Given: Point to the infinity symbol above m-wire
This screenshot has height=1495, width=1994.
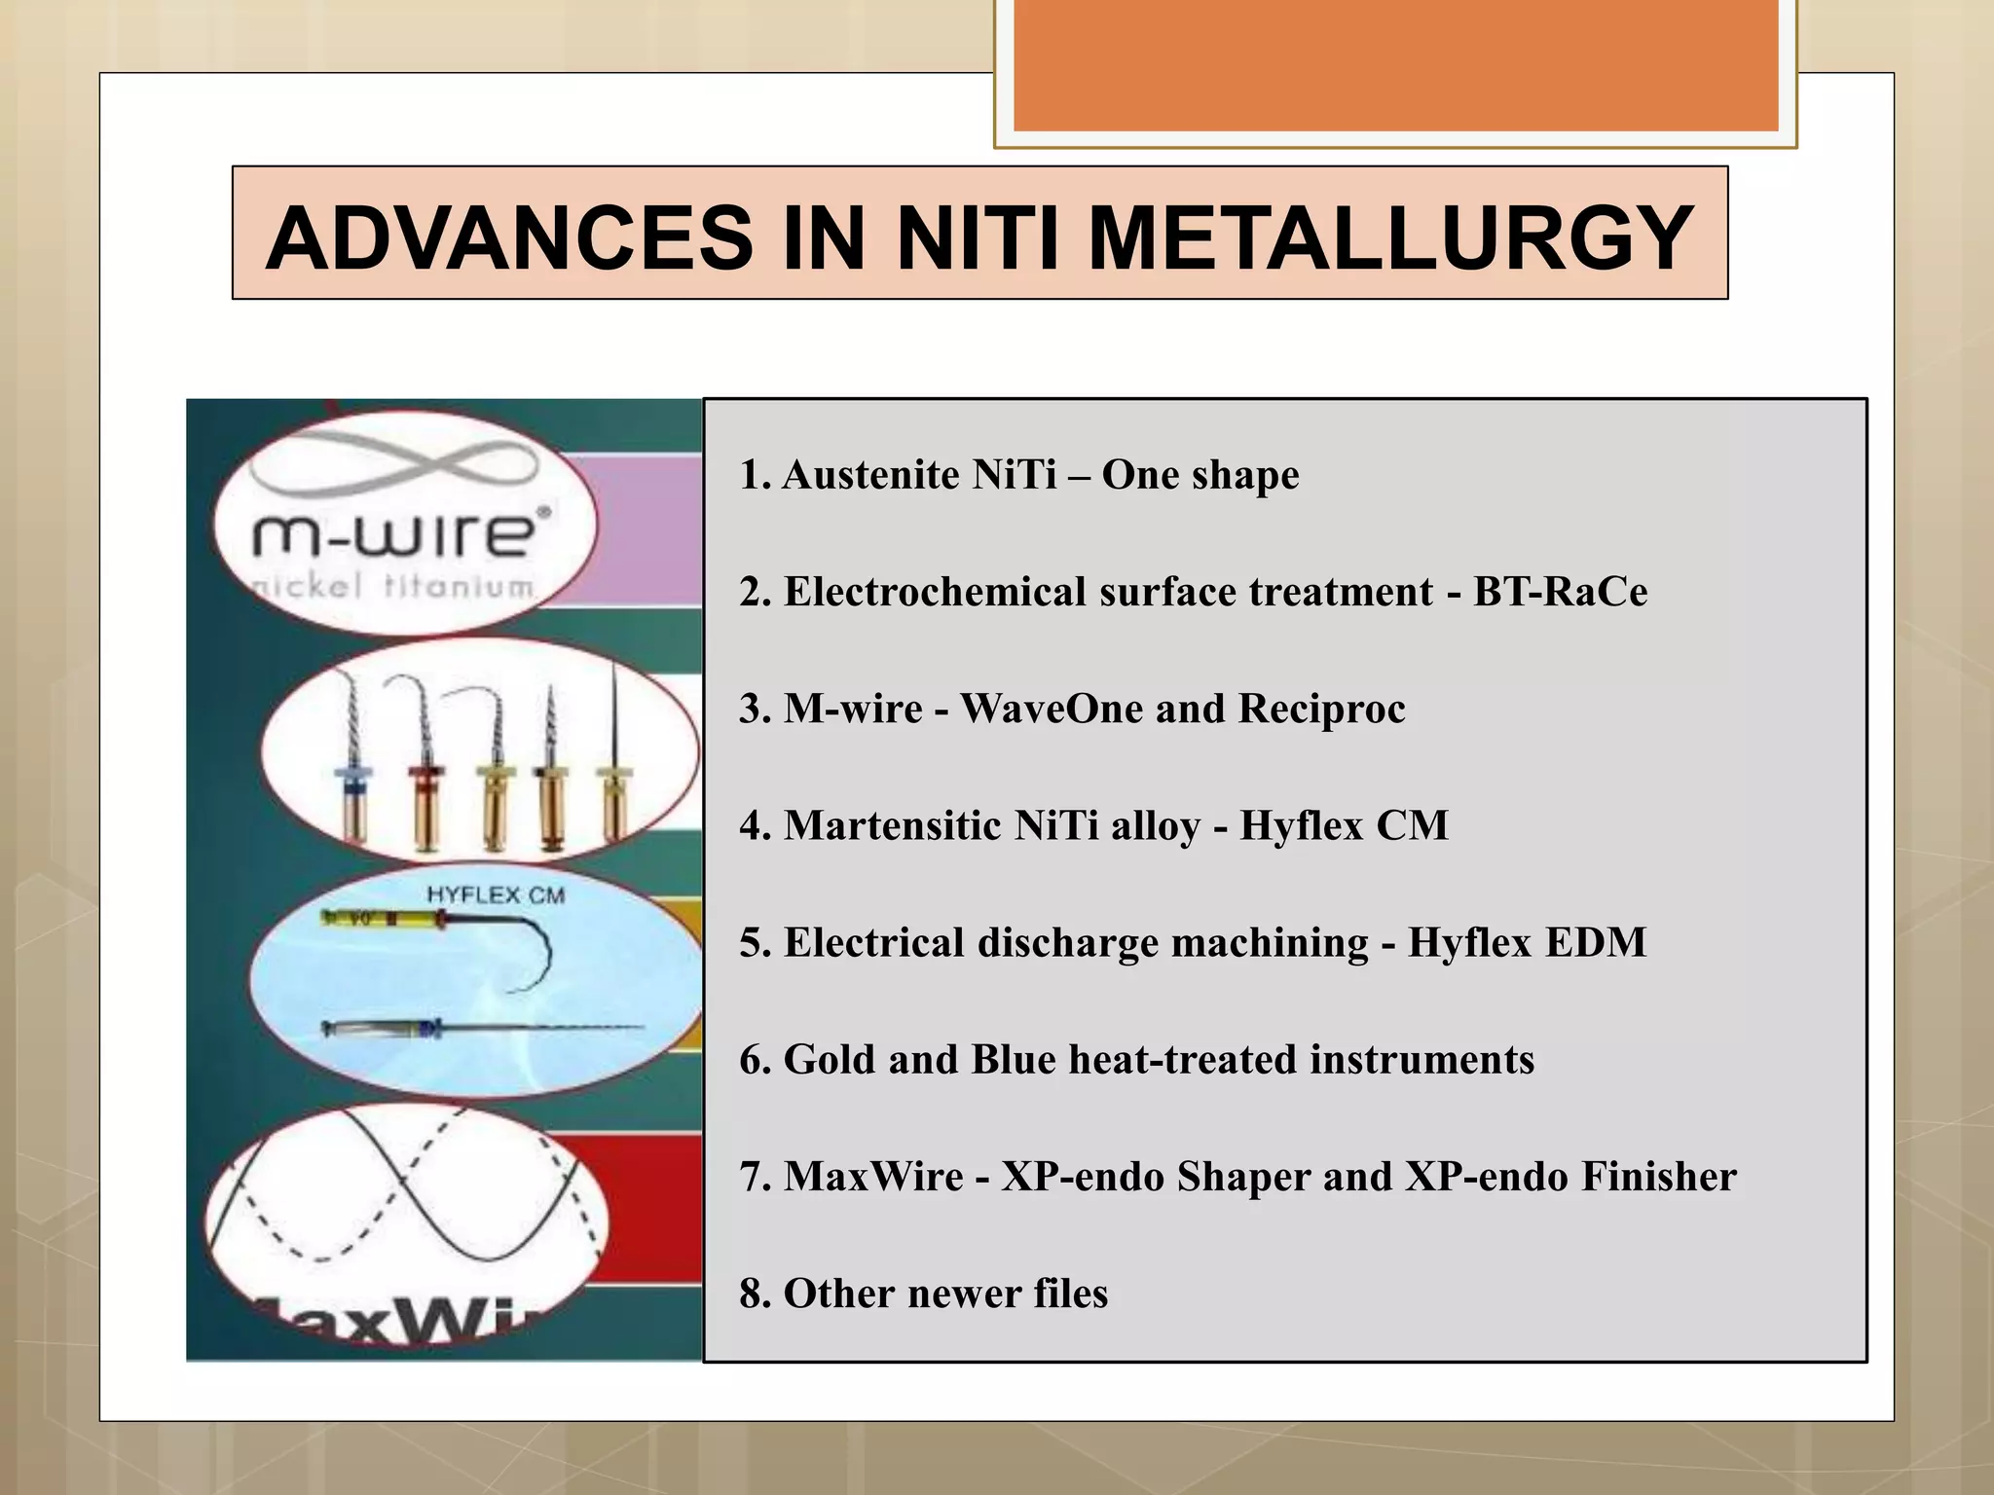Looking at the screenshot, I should (389, 467).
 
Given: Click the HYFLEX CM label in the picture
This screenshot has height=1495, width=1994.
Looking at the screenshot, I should (496, 894).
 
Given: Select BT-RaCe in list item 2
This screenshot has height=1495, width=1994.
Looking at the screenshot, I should (1560, 592).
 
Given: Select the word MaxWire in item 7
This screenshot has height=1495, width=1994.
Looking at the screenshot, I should (873, 1176).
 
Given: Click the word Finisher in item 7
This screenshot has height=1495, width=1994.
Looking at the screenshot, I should (1658, 1176).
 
